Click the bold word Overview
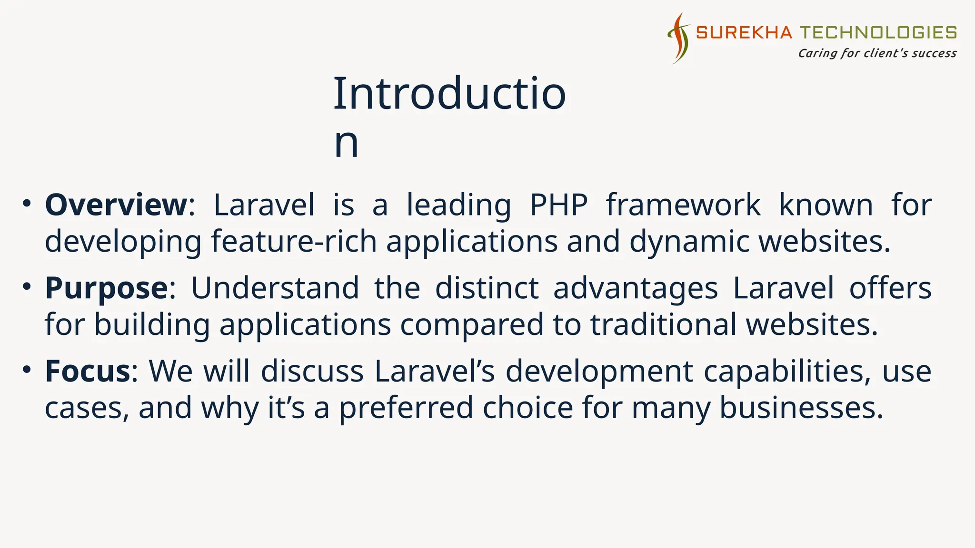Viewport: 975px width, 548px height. click(x=116, y=205)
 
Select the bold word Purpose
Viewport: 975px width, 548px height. click(x=106, y=288)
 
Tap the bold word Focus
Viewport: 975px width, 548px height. click(x=87, y=372)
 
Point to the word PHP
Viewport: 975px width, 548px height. click(x=558, y=205)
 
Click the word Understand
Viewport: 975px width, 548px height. click(x=275, y=288)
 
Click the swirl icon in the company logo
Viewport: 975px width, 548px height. click(x=679, y=38)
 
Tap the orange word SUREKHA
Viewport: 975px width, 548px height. click(x=744, y=32)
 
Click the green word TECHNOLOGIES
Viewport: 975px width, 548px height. click(x=878, y=32)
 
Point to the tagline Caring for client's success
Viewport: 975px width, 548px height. click(x=877, y=53)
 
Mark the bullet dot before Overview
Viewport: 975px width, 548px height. click(x=27, y=204)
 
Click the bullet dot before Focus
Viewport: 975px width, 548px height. click(x=27, y=370)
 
